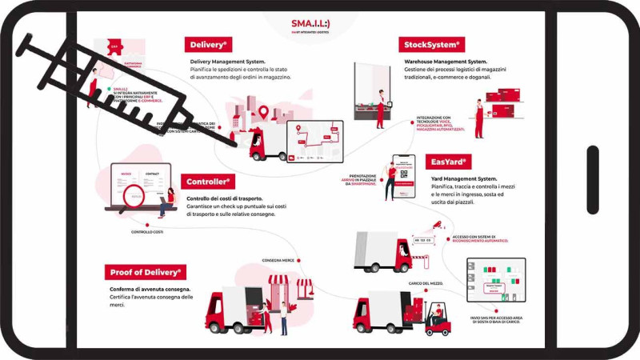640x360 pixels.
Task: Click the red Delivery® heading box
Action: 209,45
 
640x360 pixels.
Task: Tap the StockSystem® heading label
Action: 432,45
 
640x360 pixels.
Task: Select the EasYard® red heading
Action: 446,162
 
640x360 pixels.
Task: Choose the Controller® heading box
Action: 209,182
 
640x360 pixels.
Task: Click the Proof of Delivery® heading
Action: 146,272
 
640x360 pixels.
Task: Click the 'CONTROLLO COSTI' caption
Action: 147,233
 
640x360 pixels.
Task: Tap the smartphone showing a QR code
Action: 403,177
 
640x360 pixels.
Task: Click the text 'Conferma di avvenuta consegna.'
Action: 150,289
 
